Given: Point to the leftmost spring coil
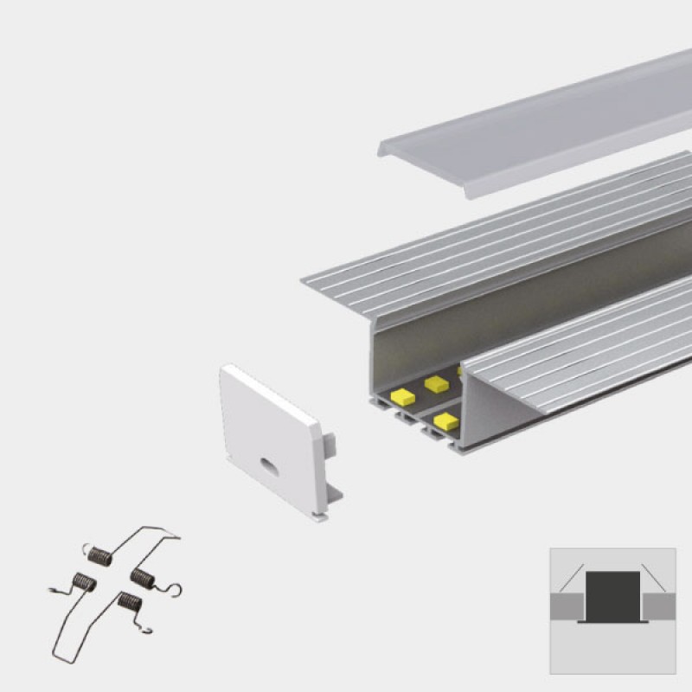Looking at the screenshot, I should pos(84,583).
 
